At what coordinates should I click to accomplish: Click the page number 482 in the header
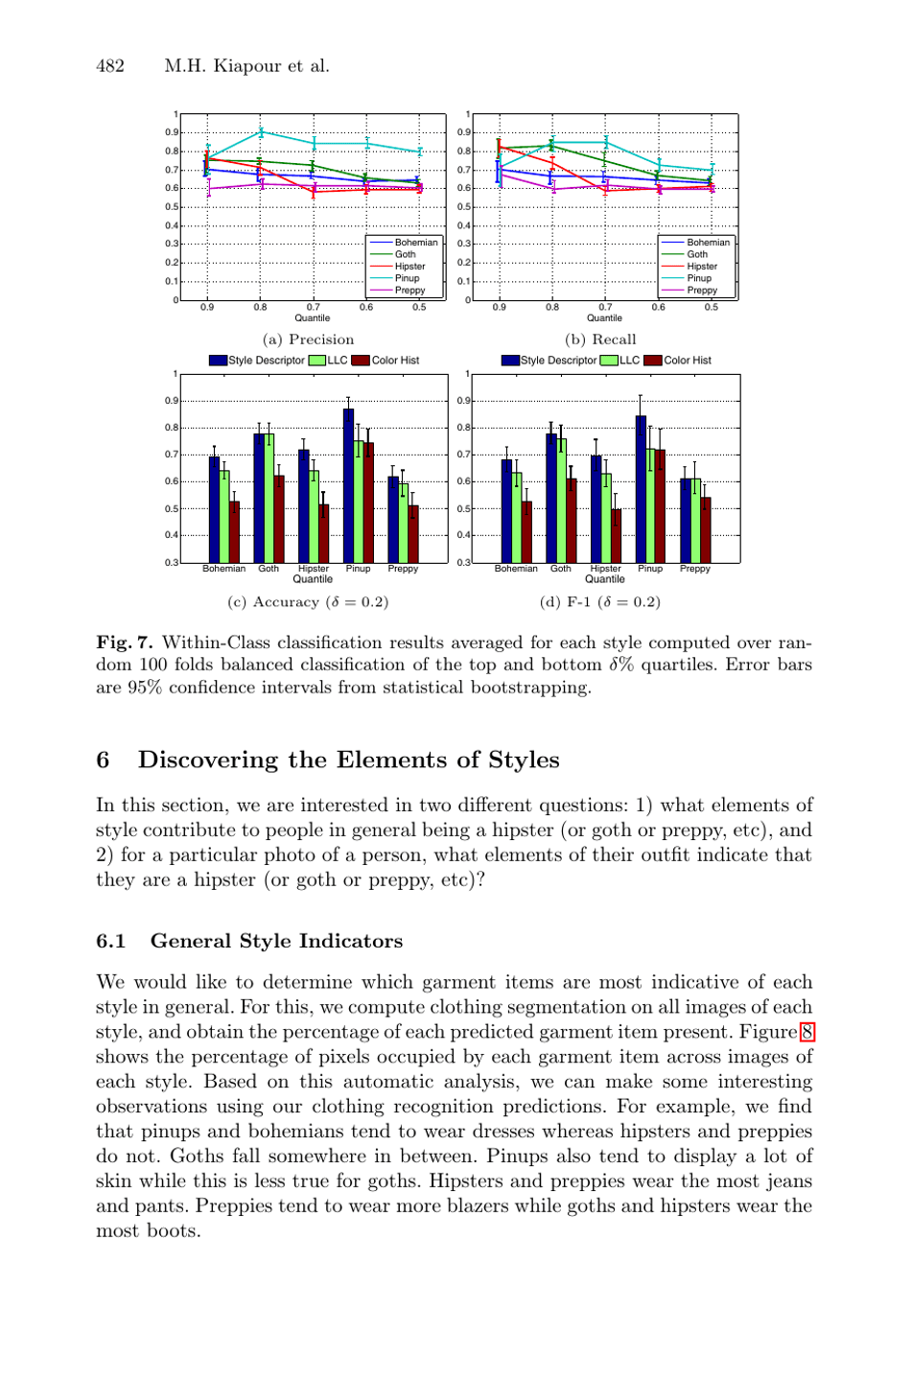point(110,66)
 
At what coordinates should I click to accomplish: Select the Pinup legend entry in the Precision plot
point(407,278)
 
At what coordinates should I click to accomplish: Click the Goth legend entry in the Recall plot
point(697,254)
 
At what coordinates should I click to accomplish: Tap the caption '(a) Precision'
point(308,339)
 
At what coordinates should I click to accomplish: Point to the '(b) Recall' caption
point(600,339)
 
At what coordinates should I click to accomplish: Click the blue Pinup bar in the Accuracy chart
point(348,485)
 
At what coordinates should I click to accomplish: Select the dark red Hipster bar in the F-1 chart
point(616,535)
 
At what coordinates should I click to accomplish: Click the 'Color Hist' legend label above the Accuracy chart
point(395,361)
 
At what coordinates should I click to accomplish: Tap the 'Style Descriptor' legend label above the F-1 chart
point(558,361)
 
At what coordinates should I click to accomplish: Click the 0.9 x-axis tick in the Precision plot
point(207,308)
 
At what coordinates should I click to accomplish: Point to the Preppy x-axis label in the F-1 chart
point(694,569)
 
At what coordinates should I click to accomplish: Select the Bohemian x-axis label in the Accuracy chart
point(223,569)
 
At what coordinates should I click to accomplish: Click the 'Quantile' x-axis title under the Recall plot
point(604,318)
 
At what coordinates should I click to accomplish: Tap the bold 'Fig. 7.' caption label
point(125,643)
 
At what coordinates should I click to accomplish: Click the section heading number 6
point(103,760)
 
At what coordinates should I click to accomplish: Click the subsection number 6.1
point(110,941)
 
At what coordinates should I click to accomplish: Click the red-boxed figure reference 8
point(807,1032)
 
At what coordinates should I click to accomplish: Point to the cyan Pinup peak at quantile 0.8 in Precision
point(261,132)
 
